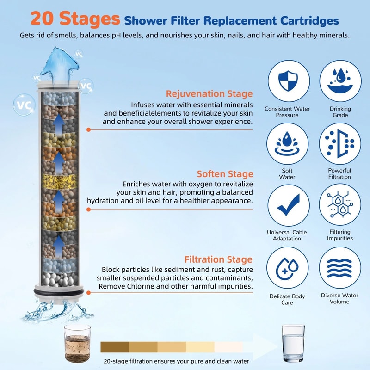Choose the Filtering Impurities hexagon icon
340,205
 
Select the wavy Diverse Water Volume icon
340,268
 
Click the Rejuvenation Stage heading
209,94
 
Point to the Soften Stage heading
225,174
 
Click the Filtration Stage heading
218,259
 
